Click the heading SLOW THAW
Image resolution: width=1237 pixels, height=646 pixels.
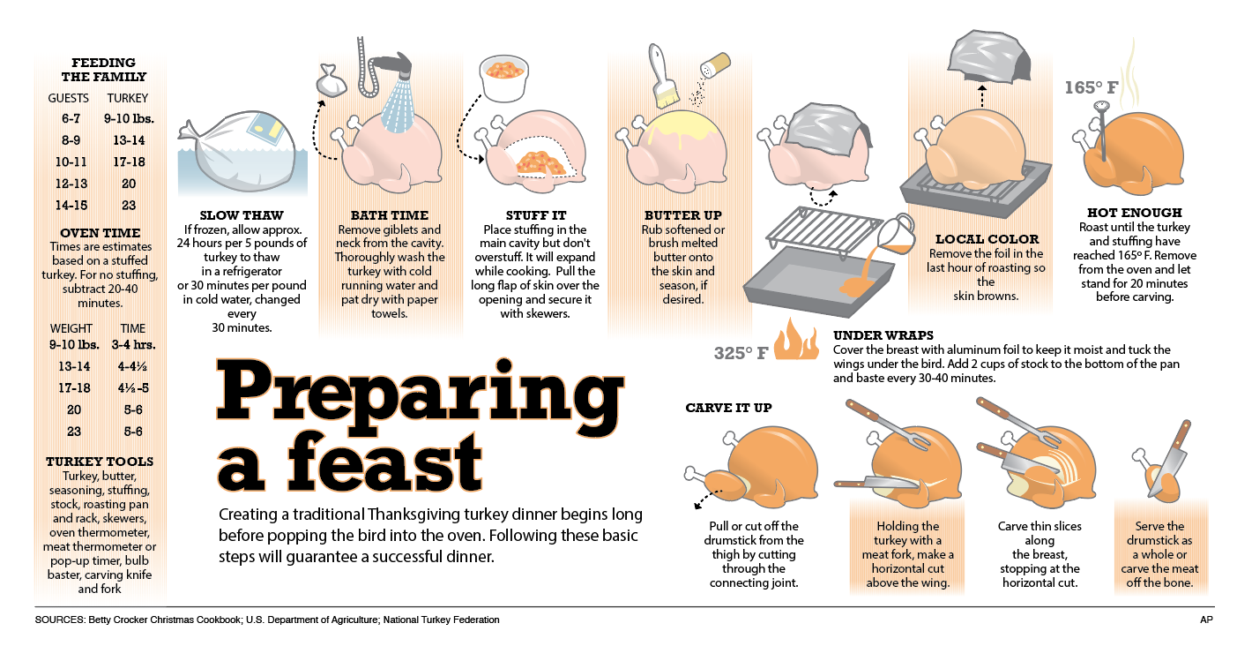click(242, 215)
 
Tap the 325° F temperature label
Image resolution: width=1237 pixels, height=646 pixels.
click(741, 353)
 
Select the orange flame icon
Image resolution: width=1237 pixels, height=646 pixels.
click(796, 340)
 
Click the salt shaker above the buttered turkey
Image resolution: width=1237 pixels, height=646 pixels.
click(715, 65)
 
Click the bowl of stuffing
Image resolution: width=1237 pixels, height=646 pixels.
click(503, 78)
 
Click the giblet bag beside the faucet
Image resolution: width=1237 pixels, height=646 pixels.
click(331, 80)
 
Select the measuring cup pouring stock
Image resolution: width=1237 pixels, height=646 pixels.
click(896, 234)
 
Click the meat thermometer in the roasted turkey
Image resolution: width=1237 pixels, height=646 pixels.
click(1102, 130)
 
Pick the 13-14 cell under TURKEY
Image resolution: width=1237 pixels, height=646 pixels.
click(129, 140)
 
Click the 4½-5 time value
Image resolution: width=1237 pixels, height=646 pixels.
click(133, 388)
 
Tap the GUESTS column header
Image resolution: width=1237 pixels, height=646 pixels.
click(68, 98)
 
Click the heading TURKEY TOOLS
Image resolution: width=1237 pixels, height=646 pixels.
click(100, 462)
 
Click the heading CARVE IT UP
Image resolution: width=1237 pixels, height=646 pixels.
click(728, 408)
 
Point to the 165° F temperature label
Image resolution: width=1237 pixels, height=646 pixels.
click(1092, 87)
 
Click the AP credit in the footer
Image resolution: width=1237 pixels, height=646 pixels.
click(1206, 620)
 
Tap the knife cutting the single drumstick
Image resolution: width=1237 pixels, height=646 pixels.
click(1171, 458)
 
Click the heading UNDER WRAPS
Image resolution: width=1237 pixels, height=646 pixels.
click(883, 335)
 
